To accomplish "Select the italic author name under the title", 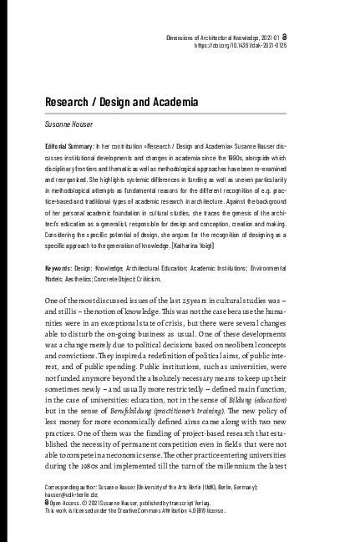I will click(x=71, y=121).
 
